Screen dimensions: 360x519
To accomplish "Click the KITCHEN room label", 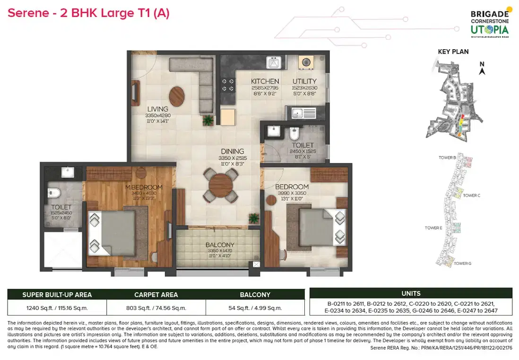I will [265, 81].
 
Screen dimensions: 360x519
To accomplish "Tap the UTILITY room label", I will [304, 81].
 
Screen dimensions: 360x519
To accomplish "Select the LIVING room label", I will [157, 109].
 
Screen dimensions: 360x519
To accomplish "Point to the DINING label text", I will [232, 152].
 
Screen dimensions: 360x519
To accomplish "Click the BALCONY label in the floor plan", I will [220, 245].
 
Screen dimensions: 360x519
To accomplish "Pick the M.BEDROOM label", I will [144, 187].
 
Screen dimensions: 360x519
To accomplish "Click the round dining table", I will [220, 184].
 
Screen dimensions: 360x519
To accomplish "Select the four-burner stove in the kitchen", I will [228, 84].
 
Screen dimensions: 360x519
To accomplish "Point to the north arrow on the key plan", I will [482, 69].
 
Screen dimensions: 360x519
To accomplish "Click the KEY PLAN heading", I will [453, 52].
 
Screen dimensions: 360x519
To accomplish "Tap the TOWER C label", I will [471, 195].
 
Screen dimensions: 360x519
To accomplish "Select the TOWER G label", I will [462, 263].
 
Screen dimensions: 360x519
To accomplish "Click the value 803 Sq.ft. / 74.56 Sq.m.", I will [156, 307].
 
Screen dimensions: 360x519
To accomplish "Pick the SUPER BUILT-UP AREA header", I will [57, 294].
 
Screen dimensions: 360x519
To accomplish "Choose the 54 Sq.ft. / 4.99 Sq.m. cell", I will [255, 307].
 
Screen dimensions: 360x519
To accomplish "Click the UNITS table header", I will [410, 293].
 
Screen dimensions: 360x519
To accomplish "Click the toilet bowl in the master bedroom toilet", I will [53, 193].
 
